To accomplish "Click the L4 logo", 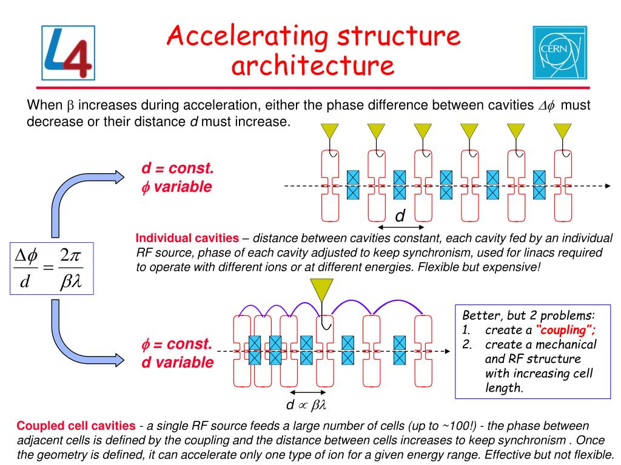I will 68,53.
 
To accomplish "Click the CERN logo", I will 560,53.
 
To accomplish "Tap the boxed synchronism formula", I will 52,268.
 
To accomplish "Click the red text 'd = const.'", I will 178,168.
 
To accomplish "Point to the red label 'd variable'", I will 178,363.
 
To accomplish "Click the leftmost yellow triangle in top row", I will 330,130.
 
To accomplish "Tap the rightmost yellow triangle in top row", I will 562,130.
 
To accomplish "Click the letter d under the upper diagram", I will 400,216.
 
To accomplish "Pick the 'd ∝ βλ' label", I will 306,404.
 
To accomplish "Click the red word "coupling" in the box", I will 566,330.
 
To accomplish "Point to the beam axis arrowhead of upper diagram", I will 606,186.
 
